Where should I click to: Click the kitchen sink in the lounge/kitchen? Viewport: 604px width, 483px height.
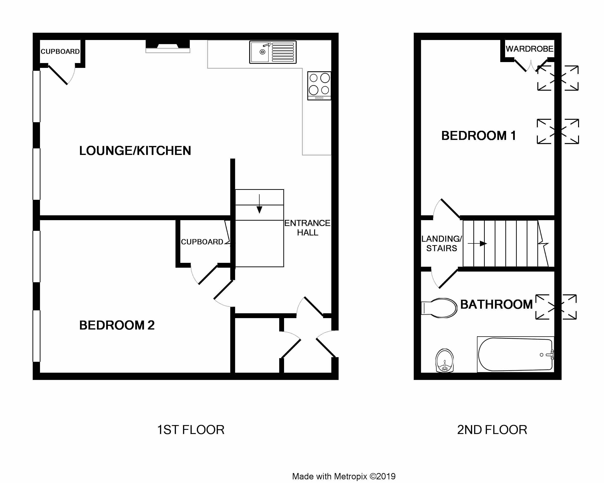(273, 52)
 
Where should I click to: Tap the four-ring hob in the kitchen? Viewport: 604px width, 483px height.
(319, 86)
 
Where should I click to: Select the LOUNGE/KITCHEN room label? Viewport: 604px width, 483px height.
(135, 151)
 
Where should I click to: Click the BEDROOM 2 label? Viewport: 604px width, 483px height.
(117, 325)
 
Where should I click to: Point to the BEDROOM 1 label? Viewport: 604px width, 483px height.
(478, 136)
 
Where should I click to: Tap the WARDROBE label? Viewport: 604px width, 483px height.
(530, 49)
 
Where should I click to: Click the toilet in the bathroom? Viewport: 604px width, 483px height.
(439, 308)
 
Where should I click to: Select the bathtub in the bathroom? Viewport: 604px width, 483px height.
(516, 354)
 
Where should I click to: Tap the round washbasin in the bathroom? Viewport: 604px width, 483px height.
(445, 361)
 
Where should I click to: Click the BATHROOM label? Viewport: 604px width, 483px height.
(496, 305)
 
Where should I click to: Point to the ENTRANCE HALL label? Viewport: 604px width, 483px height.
(307, 228)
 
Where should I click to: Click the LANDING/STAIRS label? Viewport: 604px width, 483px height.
(442, 243)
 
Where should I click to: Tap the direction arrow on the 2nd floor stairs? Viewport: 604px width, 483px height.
(477, 244)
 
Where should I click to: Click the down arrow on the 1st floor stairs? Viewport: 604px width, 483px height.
(259, 204)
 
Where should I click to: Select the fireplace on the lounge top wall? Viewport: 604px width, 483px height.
(168, 47)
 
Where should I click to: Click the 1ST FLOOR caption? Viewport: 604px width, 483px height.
(191, 430)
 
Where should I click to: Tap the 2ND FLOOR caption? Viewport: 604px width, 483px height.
(492, 430)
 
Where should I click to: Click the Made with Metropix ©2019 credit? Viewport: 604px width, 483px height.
(344, 476)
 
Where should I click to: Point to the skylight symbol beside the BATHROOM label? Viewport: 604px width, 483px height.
(556, 307)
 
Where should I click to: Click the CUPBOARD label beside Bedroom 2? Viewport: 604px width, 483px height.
(202, 242)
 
